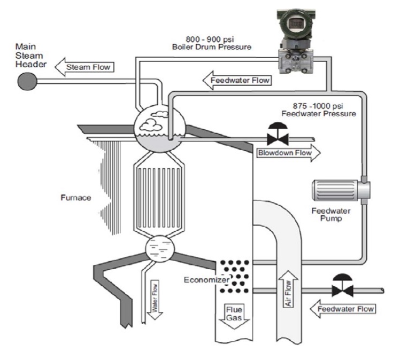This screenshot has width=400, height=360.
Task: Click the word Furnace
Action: coord(76,198)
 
